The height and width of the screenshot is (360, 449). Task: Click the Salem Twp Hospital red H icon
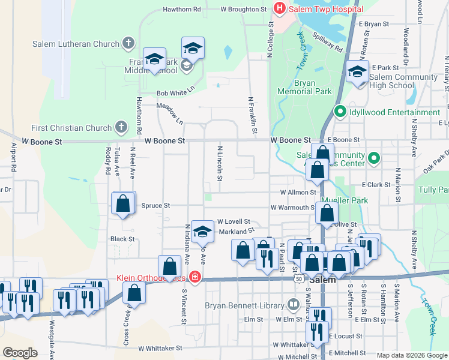[x=279, y=8]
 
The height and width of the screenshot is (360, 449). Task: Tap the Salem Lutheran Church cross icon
[x=127, y=43]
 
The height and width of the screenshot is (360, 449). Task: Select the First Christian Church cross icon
[x=121, y=127]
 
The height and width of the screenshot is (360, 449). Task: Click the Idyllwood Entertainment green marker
[x=339, y=112]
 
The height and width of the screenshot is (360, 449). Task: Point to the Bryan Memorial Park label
[x=305, y=88]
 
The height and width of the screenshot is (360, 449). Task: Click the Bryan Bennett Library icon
[x=293, y=305]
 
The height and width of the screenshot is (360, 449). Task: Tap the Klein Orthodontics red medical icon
[x=194, y=277]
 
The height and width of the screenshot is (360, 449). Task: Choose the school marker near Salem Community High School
[x=357, y=72]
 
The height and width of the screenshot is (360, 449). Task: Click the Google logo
[x=20, y=352]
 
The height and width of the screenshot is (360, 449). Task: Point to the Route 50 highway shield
[x=298, y=279]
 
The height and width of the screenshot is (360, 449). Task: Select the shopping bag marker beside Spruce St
[x=123, y=203]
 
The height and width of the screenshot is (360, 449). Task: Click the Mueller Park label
[x=343, y=200]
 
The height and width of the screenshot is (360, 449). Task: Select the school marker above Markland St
[x=203, y=231]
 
